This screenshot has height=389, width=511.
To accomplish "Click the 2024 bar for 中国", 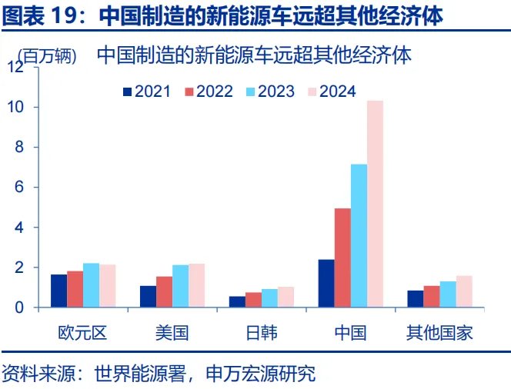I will coord(375,204).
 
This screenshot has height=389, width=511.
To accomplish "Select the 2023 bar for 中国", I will coord(359,236).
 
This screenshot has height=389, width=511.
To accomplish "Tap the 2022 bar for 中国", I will coord(342,258).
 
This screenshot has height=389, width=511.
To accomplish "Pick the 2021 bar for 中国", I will coord(326,284).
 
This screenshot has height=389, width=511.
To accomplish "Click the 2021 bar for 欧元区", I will coord(58,291).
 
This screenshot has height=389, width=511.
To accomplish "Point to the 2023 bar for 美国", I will coord(180,287).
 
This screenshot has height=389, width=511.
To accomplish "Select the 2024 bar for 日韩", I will coord(286,298).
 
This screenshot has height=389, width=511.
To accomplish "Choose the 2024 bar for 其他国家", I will coord(464,292).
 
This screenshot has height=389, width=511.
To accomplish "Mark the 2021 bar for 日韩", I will coord(237,302).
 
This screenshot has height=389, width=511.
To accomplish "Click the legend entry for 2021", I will coord(145,91).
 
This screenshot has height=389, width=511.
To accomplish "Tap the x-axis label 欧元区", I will coord(82,334).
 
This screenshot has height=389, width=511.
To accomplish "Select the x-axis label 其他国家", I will coord(439,334).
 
